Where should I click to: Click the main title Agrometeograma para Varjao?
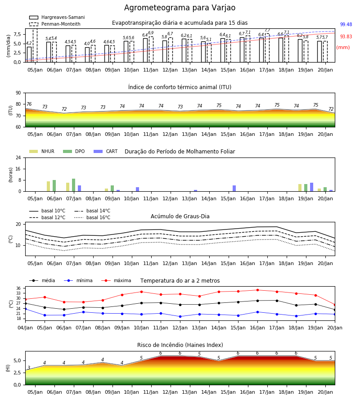pos(180,8)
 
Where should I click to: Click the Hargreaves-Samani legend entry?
pos(57,17)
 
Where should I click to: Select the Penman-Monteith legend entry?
pos(55,24)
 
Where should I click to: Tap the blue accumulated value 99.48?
pos(346,25)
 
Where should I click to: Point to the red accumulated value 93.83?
pos(346,37)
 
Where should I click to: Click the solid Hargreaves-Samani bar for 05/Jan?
pos(29,54)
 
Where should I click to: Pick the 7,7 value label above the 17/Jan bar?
pos(267,30)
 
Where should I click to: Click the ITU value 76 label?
pos(29,104)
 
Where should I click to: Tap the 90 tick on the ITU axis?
pos(18,93)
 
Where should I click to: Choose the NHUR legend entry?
pos(42,151)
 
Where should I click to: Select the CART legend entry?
pos(106,151)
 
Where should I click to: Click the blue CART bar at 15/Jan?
pos(234,188)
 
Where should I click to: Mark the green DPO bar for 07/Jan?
pos(74,185)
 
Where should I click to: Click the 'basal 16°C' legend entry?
pos(92,217)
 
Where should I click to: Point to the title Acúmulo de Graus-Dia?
pos(180,216)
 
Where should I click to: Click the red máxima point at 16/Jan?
pos(257,290)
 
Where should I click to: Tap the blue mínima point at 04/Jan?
pos(25,309)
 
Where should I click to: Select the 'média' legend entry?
pos(42,280)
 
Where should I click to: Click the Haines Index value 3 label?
pos(29,368)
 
